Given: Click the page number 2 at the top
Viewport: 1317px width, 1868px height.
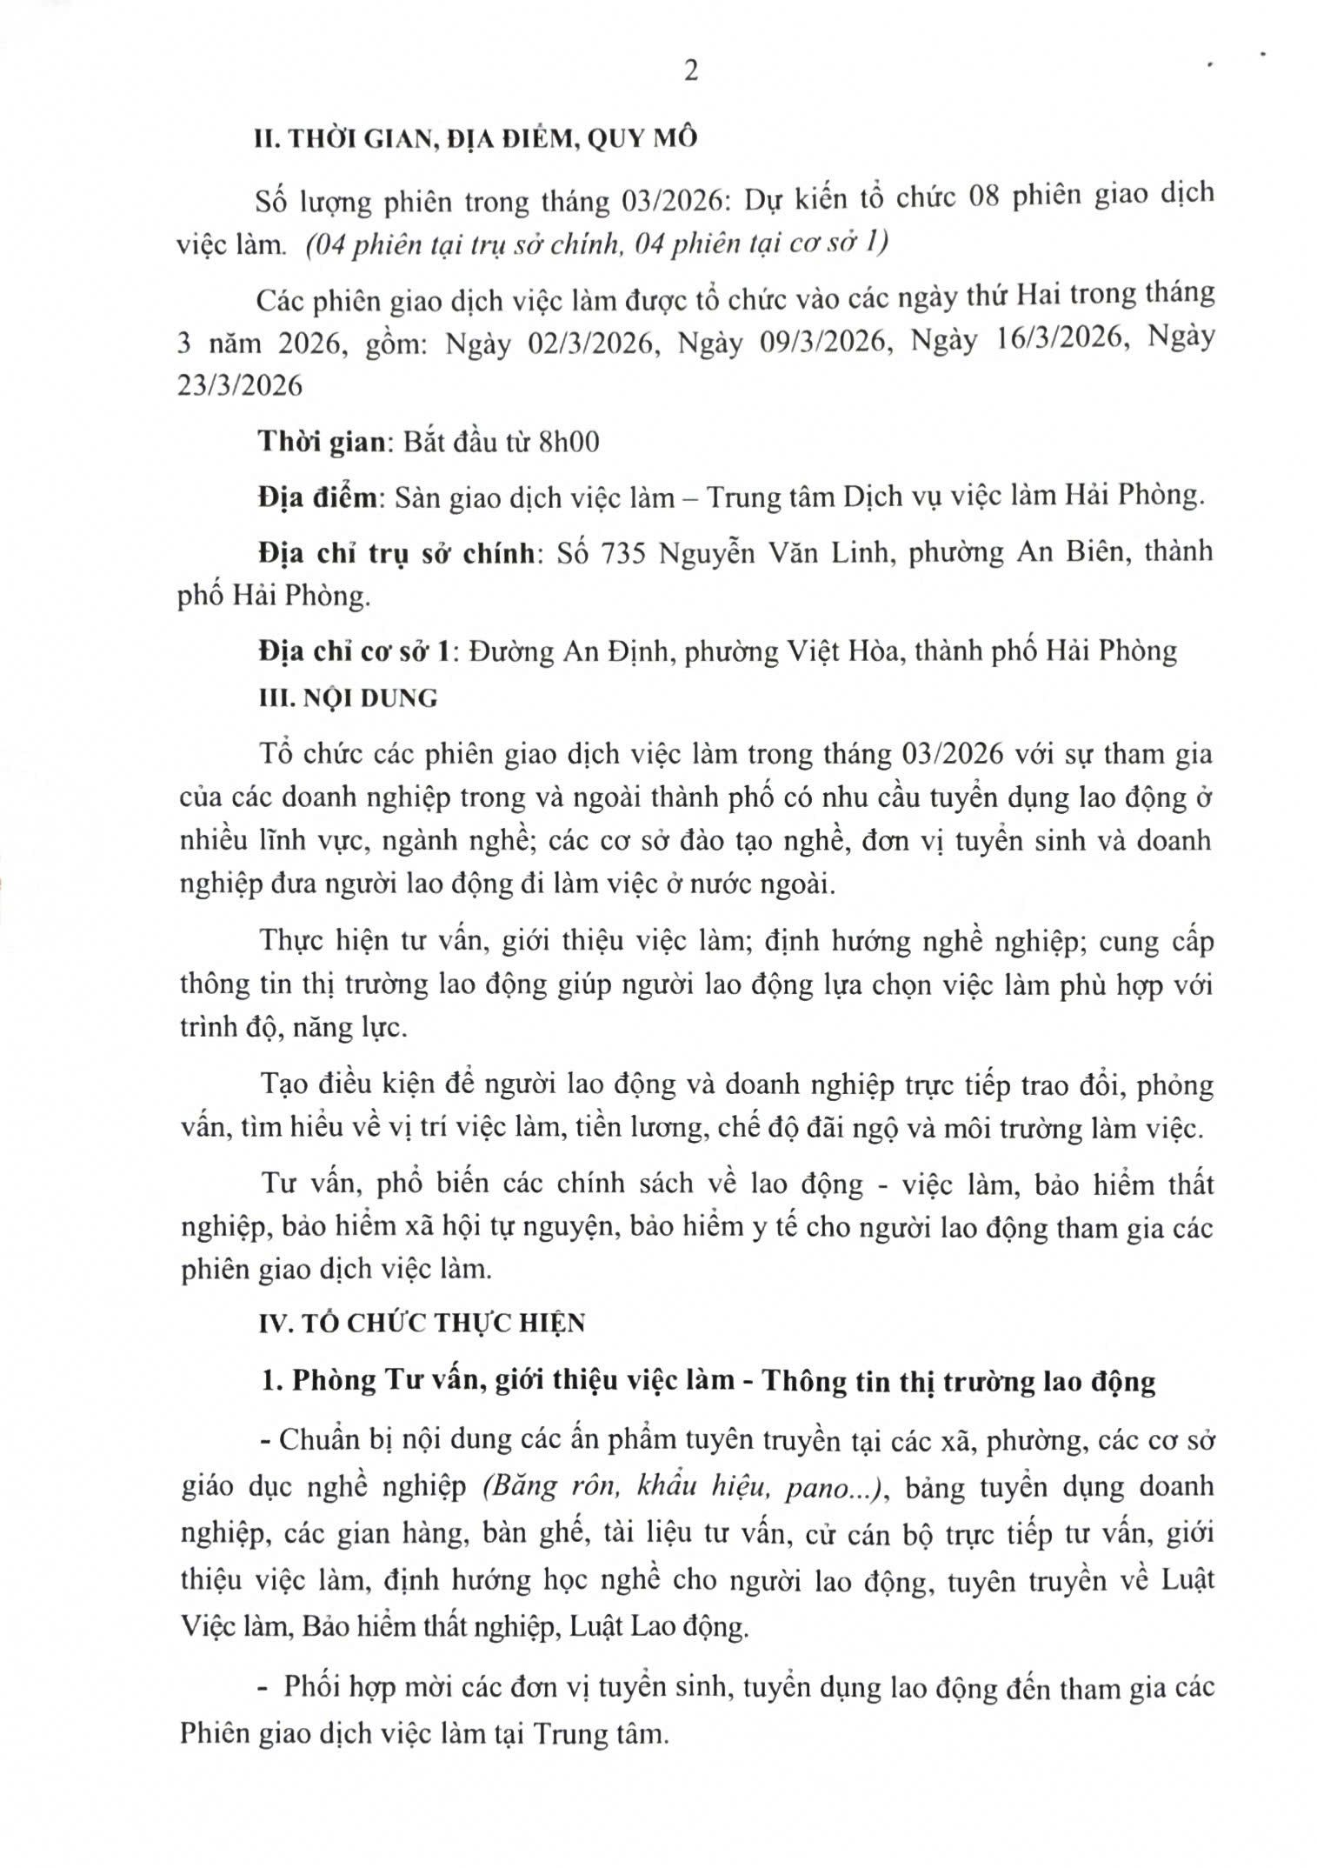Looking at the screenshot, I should coord(691,71).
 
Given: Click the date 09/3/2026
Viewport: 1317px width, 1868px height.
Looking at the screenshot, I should coord(826,344).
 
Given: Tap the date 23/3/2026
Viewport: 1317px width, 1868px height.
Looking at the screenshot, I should coord(240,385).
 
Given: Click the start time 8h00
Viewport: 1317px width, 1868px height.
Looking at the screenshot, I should coord(569,442).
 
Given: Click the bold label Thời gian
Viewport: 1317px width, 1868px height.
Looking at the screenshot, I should coord(322,442).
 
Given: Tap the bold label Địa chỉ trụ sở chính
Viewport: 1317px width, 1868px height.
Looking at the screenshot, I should coord(396,552).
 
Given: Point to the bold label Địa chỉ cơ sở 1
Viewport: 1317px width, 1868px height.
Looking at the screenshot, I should coord(355,650).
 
